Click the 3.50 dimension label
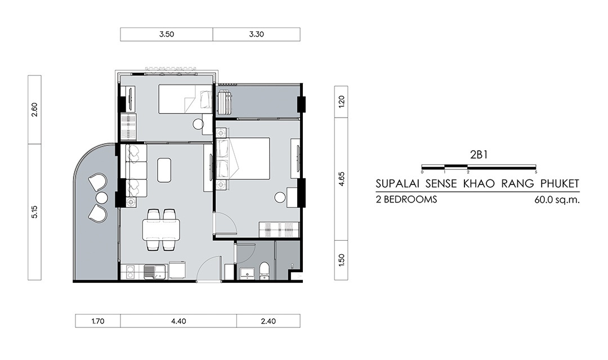(x=166, y=34)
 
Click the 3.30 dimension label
(x=256, y=34)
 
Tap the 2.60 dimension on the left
(x=34, y=110)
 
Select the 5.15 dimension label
(x=34, y=212)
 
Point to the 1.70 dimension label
(x=98, y=321)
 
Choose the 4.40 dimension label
(x=178, y=321)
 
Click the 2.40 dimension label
(x=269, y=321)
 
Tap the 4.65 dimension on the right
(x=341, y=179)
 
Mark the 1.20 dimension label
(x=341, y=101)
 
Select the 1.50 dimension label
(x=341, y=260)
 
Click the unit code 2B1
(x=479, y=155)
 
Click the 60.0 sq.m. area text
(x=557, y=200)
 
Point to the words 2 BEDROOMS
(x=406, y=199)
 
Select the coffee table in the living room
(x=164, y=170)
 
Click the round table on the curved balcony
(x=101, y=197)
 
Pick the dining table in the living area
(x=161, y=230)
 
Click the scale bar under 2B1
(x=479, y=166)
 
